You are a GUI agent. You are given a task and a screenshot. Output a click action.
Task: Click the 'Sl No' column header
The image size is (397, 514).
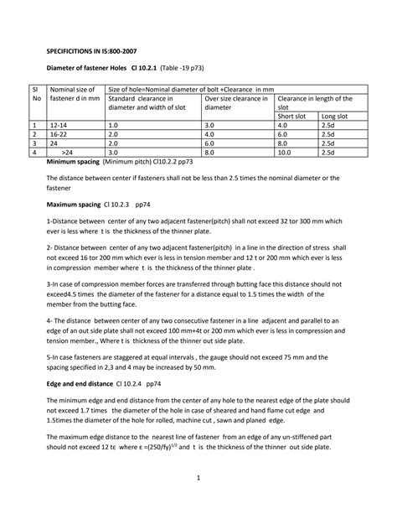(34, 93)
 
